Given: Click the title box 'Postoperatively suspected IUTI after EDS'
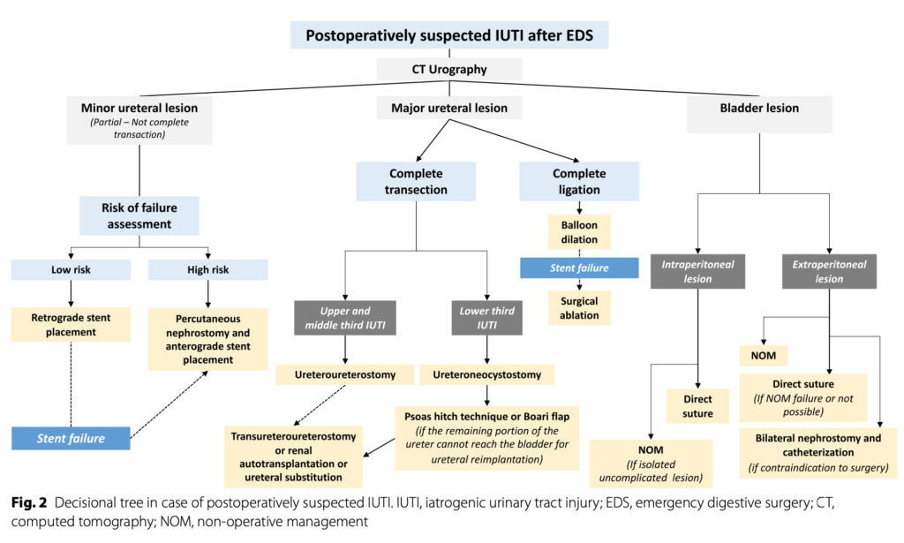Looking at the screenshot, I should click(449, 35).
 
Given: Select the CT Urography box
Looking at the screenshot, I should click(449, 68).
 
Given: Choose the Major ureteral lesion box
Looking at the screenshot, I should click(449, 108).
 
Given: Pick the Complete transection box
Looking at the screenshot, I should click(415, 181).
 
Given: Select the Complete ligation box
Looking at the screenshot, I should click(579, 181).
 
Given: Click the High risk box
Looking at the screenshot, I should click(209, 269).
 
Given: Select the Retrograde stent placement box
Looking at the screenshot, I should click(70, 326).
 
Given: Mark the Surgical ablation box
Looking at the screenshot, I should click(579, 308).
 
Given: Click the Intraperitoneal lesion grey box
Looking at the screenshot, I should click(697, 271).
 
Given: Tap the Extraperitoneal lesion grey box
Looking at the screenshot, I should click(828, 271).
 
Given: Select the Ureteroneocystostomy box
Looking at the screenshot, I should click(486, 375).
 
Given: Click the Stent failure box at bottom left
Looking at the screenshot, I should click(70, 437).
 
